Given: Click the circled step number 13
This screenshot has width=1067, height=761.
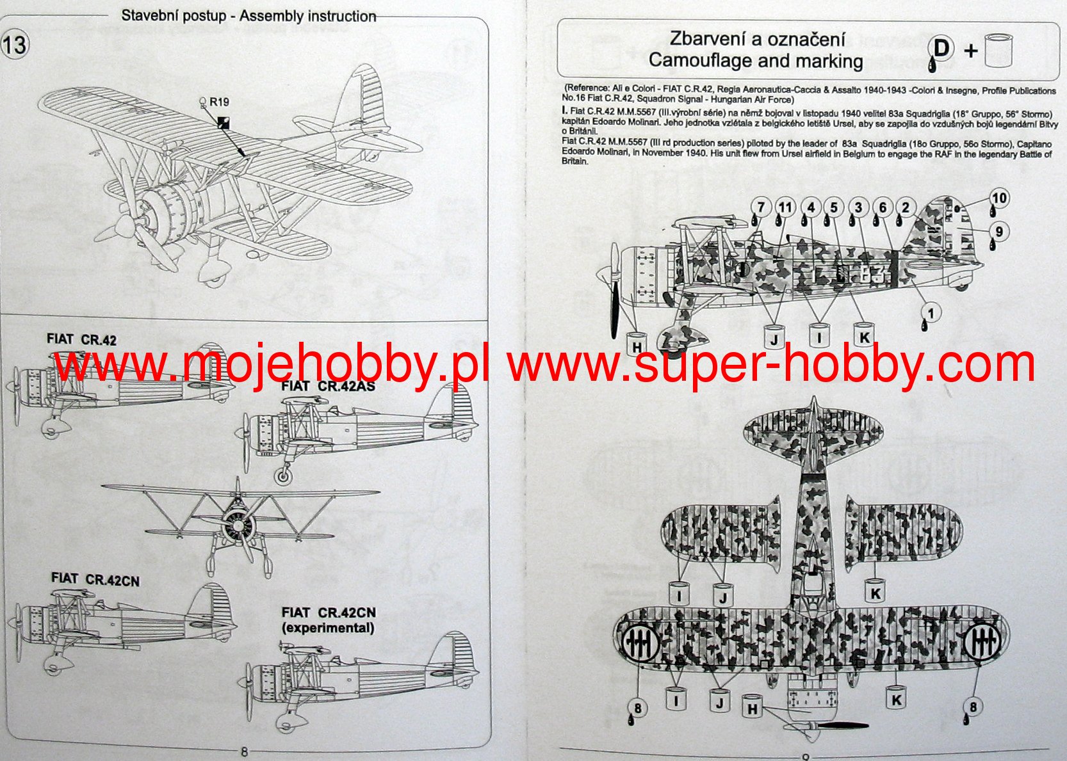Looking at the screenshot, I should pos(15,45).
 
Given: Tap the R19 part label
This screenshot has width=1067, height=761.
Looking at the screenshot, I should pos(218,102).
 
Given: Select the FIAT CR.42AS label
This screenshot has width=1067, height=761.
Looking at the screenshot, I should pos(328,386).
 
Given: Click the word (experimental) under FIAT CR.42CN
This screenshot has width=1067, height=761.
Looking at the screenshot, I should pos(328,628).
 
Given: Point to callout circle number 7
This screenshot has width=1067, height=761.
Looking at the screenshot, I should pos(760,207).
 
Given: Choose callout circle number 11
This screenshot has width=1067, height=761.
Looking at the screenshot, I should pos(785,207).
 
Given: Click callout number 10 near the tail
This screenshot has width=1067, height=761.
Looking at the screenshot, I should pos(999,198).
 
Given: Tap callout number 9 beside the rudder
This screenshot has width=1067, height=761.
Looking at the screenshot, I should pos(998,232).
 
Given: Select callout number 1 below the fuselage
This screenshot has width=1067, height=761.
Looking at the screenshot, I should pos(931,313).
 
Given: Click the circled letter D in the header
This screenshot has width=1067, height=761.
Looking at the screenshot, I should pos(941,48).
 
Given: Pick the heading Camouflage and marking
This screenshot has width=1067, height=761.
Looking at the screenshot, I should pos(756,61).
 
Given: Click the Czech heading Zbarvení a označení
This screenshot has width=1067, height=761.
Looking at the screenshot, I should pos(757,39).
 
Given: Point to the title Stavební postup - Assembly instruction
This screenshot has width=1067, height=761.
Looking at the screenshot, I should pos(248,16).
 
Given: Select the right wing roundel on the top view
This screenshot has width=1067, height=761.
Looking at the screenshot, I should pos(982,639).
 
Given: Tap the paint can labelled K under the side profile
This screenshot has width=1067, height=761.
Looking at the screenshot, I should pos(863,335).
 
